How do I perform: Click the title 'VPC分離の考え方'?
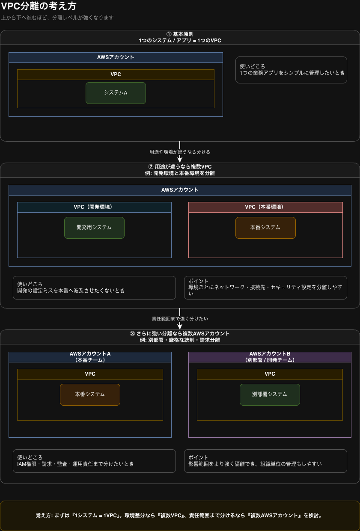(x=39, y=6)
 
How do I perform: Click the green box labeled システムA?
(x=116, y=93)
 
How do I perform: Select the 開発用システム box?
(x=94, y=228)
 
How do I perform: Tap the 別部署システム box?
(x=270, y=395)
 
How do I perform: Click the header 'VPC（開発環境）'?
(x=94, y=207)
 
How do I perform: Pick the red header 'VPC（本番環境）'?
(x=265, y=207)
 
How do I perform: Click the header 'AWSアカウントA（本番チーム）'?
(x=90, y=357)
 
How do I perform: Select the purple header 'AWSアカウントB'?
(x=270, y=357)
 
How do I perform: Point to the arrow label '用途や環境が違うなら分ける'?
(x=180, y=152)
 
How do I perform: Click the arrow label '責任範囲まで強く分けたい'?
(x=180, y=319)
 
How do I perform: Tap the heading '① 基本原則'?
(x=180, y=34)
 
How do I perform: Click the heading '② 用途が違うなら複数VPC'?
(x=180, y=167)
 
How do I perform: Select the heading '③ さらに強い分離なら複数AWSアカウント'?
(x=180, y=334)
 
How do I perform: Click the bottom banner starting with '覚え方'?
(x=180, y=516)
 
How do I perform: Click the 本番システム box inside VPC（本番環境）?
(x=265, y=228)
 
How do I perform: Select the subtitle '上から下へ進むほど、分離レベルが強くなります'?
(x=57, y=18)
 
